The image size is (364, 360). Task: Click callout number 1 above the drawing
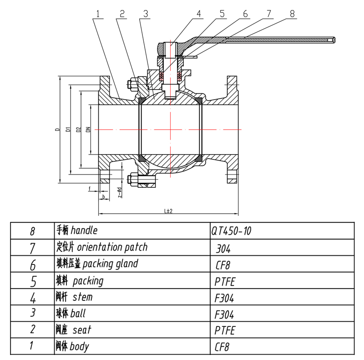[x=98, y=14]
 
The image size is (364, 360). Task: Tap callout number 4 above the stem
[x=199, y=14]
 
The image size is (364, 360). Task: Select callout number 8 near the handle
[x=292, y=14]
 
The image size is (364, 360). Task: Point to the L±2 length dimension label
[x=168, y=211]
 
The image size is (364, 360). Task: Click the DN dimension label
[x=88, y=130]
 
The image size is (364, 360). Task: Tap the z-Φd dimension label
[x=120, y=192]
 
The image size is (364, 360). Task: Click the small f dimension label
[x=90, y=188]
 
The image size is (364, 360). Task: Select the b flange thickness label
[x=104, y=196]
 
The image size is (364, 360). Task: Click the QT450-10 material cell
[x=231, y=231]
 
